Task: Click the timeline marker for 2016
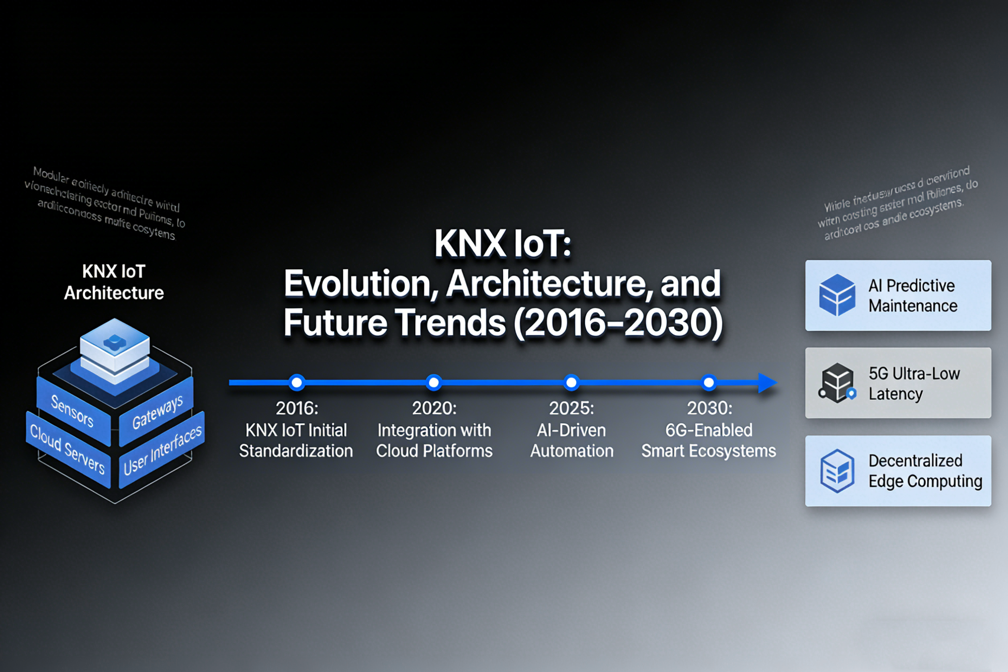coord(297,382)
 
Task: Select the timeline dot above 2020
coord(434,382)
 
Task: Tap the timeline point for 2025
coord(571,382)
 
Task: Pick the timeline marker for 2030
coord(709,382)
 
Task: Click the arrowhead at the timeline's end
coord(767,383)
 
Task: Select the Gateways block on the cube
coord(157,412)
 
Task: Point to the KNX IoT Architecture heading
coord(114,282)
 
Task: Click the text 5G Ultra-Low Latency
coord(914,383)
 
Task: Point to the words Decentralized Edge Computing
coord(925,471)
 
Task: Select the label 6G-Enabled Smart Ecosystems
coord(709,440)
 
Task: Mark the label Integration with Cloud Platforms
coord(434,440)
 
